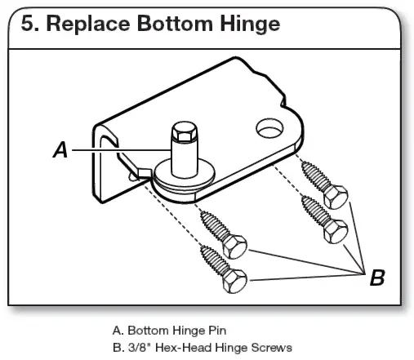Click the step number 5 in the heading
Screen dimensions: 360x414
click(29, 24)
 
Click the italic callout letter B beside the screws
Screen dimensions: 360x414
click(376, 278)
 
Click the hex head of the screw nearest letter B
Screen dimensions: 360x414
click(335, 231)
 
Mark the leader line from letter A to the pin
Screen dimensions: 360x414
click(122, 150)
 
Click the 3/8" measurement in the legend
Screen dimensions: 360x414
click(136, 348)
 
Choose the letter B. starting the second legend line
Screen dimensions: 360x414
click(117, 348)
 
